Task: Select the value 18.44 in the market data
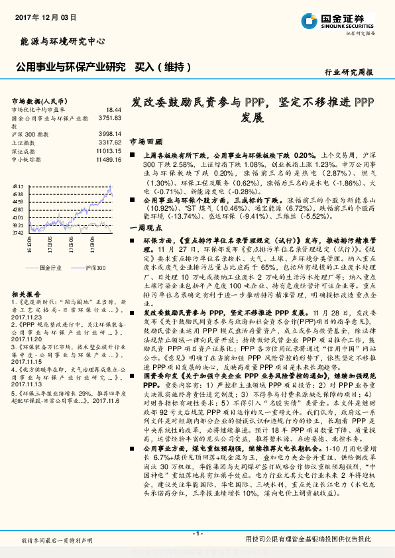pyautogui.click(x=113, y=109)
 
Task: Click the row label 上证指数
pyautogui.click(x=23, y=142)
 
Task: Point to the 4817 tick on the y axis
pyautogui.click(x=18, y=188)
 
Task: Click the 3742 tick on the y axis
pyautogui.click(x=18, y=233)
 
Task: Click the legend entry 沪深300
pyautogui.click(x=96, y=268)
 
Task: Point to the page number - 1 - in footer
pyautogui.click(x=197, y=533)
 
